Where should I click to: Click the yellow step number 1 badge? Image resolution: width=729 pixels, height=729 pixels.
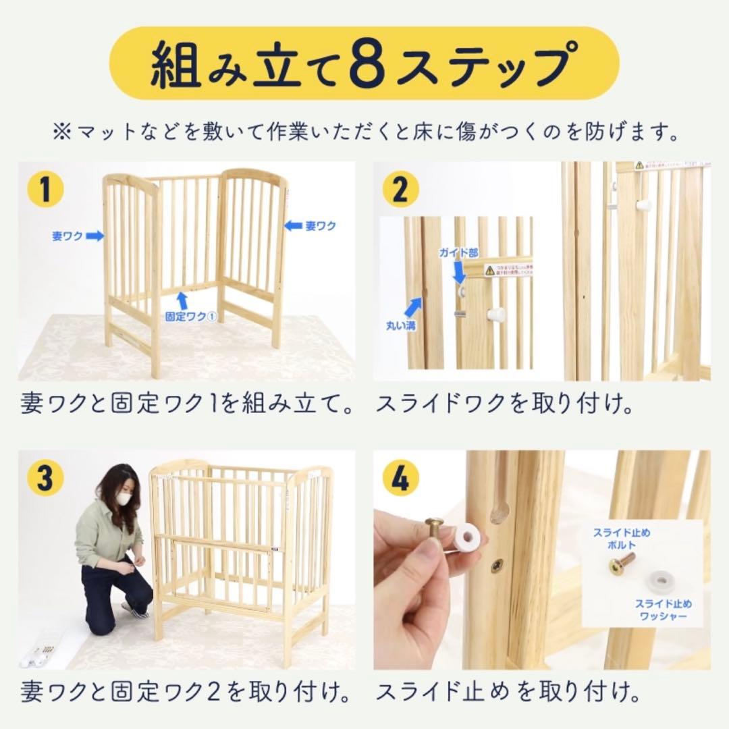[x=45, y=190]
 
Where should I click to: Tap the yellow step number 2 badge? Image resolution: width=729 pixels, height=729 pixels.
[x=400, y=190]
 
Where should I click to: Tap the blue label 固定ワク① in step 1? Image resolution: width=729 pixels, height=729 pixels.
[x=190, y=316]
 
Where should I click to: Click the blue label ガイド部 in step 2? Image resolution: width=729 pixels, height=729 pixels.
[x=458, y=253]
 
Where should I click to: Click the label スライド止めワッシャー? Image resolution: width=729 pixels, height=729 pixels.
[x=662, y=609]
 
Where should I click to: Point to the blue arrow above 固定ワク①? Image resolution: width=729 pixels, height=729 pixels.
[x=182, y=299]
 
